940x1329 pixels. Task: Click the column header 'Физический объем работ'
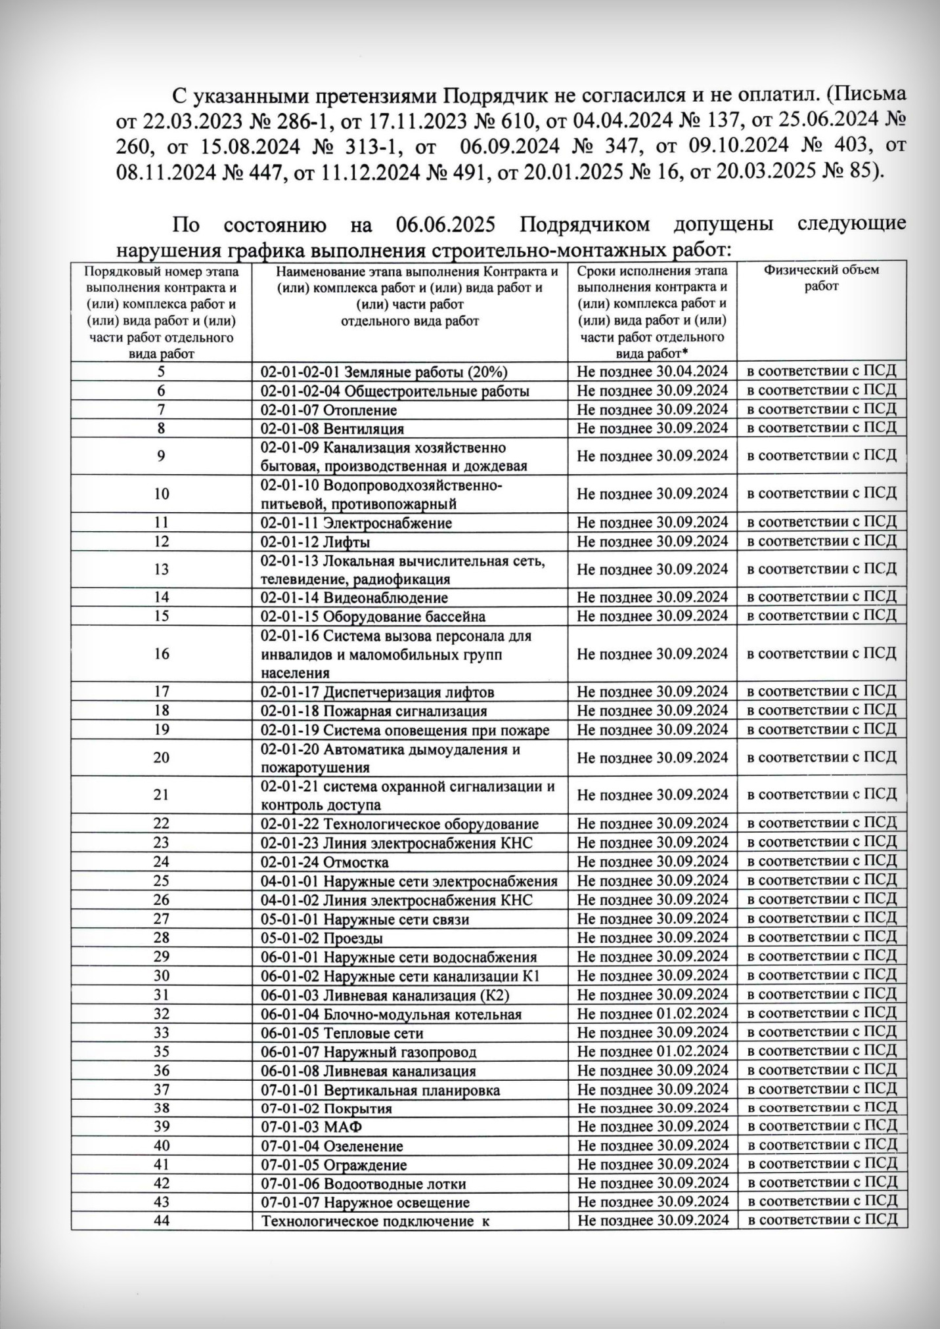[x=821, y=278]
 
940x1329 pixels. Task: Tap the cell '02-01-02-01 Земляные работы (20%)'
[x=384, y=372]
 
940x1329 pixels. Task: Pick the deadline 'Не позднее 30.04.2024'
[x=652, y=371]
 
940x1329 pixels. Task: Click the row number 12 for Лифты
[x=161, y=542]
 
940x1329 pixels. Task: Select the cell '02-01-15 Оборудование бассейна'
[x=373, y=617]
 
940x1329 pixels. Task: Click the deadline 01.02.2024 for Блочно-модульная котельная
[x=652, y=1014]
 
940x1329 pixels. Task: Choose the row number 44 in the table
[x=161, y=1221]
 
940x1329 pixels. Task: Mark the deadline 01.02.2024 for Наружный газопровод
[x=652, y=1051]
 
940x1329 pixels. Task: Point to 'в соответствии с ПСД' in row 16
[x=822, y=654]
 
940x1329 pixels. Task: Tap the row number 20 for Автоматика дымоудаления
[x=161, y=758]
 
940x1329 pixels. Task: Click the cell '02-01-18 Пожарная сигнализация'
[x=374, y=711]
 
